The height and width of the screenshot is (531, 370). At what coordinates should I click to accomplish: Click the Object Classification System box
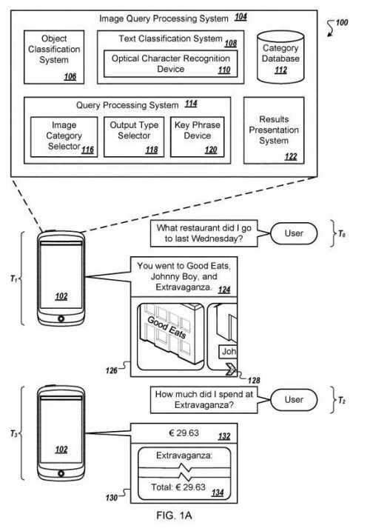53,56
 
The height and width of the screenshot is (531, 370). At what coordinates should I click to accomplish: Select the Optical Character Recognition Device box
170,64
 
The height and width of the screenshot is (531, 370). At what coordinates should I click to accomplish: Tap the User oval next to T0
294,233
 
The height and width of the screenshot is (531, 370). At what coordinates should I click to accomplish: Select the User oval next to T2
294,399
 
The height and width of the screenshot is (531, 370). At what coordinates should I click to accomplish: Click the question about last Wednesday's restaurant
199,233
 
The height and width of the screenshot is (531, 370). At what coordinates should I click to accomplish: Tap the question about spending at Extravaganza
199,399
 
